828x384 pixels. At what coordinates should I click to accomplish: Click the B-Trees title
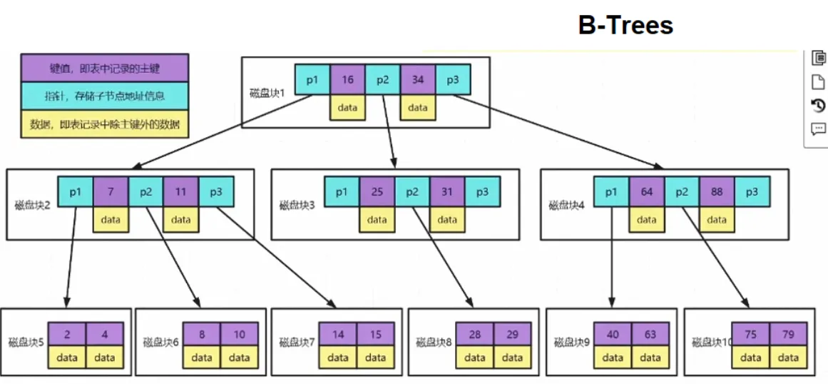625,26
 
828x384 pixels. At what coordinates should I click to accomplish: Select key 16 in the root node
347,80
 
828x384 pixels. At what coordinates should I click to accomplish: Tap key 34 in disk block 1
418,80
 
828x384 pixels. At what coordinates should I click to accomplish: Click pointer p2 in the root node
383,80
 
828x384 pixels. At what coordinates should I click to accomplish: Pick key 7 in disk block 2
111,192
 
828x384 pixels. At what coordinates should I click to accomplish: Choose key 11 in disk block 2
181,192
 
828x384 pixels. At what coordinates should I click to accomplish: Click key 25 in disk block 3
377,192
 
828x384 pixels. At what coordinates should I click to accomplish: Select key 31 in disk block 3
447,192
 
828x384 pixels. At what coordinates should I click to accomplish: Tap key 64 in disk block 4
647,192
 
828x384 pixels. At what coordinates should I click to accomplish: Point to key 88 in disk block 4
717,192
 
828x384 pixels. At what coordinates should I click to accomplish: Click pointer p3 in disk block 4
752,192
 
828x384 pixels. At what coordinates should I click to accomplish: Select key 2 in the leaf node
67,334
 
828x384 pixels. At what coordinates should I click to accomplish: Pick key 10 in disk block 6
239,334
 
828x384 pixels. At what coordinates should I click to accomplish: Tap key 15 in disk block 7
375,334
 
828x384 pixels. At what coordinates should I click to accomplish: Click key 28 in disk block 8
474,334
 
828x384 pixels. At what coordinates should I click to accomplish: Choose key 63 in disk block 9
650,334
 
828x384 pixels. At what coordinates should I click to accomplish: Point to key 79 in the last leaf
788,334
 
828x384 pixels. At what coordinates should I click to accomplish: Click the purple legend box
105,68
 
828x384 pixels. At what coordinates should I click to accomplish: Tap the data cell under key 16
347,107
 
